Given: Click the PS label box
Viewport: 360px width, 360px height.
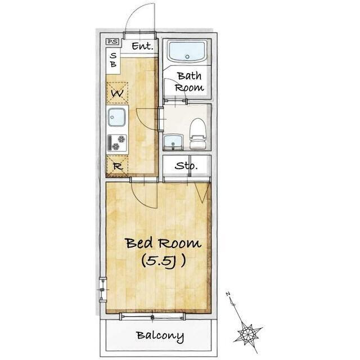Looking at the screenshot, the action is (x=112, y=42).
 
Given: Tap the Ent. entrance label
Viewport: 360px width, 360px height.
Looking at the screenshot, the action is (x=142, y=46).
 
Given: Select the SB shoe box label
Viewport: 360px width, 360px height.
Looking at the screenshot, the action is (x=113, y=60).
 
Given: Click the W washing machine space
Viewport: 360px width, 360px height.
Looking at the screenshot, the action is (x=118, y=93).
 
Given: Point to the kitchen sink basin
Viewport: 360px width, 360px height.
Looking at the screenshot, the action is (x=117, y=117).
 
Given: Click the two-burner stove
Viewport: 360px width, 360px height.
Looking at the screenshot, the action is (x=117, y=143).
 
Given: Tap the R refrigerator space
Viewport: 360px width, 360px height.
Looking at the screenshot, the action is (x=118, y=166).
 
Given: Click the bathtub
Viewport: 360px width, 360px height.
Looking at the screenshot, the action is (x=187, y=51).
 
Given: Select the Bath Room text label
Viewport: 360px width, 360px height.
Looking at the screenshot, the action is (x=189, y=82).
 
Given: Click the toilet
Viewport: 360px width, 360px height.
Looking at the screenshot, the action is (x=197, y=133).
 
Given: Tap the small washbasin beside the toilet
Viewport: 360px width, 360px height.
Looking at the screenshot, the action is (x=173, y=142).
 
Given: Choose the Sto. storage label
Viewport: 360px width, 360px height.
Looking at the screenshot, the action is (x=186, y=165).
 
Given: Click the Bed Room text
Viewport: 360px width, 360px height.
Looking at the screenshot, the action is (x=164, y=244).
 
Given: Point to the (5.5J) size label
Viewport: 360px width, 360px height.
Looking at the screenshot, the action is (x=164, y=261).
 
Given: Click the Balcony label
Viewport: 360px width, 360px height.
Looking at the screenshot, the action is (x=160, y=336).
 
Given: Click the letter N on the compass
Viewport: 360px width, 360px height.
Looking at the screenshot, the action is (x=228, y=294).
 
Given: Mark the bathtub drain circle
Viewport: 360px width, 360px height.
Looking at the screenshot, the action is (x=187, y=56).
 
